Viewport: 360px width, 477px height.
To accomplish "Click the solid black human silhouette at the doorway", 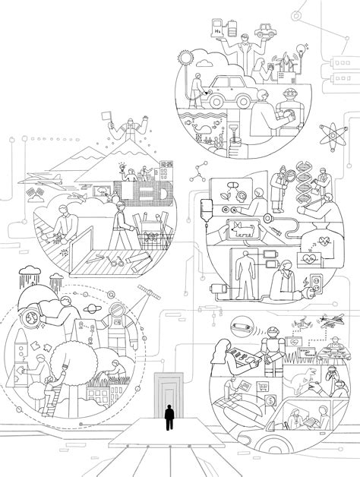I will [x=169, y=418].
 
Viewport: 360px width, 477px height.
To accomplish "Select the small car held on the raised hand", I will [x=264, y=32].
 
